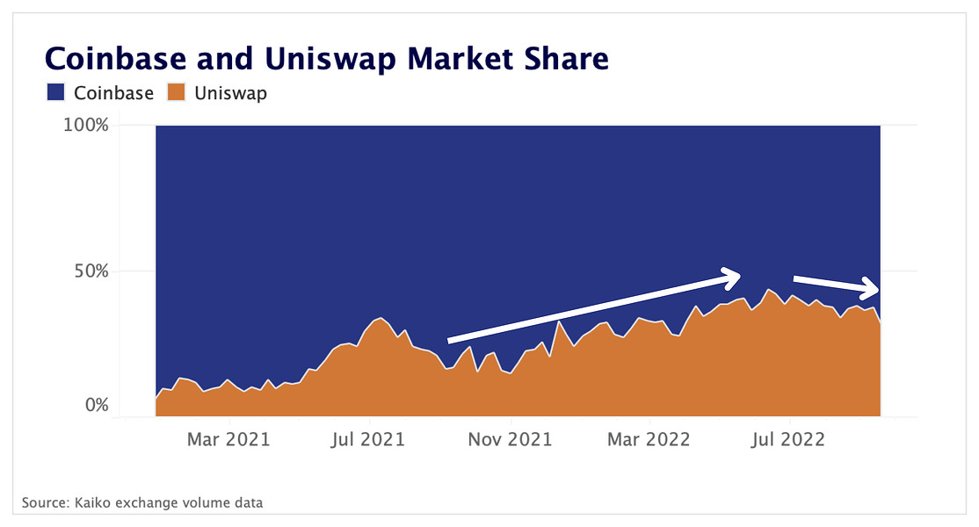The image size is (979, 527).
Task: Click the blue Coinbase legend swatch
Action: pyautogui.click(x=55, y=92)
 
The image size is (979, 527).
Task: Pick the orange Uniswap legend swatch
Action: pyautogui.click(x=177, y=92)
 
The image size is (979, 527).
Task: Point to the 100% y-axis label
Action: pyautogui.click(x=86, y=126)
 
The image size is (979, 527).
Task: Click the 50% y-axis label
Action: pyautogui.click(x=91, y=271)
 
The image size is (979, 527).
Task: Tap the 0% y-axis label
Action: pyautogui.click(x=97, y=406)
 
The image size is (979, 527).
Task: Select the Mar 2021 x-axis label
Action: pyautogui.click(x=228, y=438)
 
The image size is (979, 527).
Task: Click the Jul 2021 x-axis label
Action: pyautogui.click(x=368, y=438)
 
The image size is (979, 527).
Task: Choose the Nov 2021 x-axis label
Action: pyautogui.click(x=509, y=438)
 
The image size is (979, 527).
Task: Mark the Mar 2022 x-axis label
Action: pyautogui.click(x=649, y=438)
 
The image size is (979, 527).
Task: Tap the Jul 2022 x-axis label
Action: pyautogui.click(x=788, y=438)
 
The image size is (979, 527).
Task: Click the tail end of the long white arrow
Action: pyautogui.click(x=451, y=340)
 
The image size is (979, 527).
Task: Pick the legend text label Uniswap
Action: pyautogui.click(x=229, y=92)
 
